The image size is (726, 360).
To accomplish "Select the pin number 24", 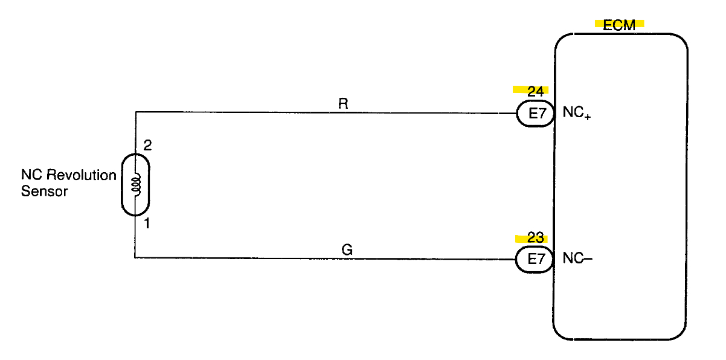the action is coord(535,91).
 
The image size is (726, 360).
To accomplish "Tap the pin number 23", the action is coord(535,238).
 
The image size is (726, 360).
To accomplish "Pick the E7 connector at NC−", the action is coord(534,260).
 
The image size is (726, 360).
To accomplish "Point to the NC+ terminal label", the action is coord(576,113).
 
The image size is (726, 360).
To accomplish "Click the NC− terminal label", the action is coord(577,259).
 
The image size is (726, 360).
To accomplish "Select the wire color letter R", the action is coord(343,103).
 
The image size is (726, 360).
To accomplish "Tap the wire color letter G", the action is coord(347,249).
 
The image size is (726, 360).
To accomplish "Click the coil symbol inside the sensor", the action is coord(137,185).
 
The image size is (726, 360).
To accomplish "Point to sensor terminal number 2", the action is coord(147,146).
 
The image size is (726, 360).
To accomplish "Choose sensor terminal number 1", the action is coord(147,224).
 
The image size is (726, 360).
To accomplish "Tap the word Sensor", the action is coord(45,192).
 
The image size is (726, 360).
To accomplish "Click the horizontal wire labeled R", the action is coord(272,112).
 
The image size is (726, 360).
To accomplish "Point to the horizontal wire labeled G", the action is coord(272,258).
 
